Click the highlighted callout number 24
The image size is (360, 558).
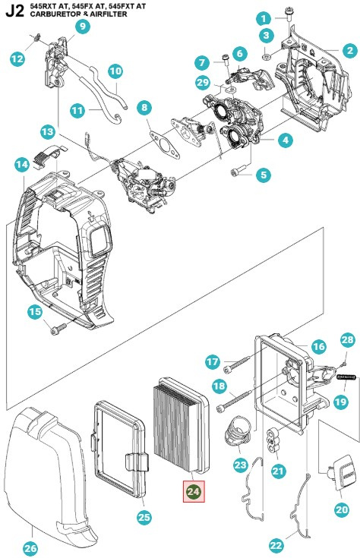point(194,492)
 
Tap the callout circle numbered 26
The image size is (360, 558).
point(30,548)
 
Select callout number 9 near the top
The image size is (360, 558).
point(82,27)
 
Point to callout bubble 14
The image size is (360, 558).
point(23,164)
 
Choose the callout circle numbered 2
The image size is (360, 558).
point(349,51)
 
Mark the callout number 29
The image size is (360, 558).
point(201,82)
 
